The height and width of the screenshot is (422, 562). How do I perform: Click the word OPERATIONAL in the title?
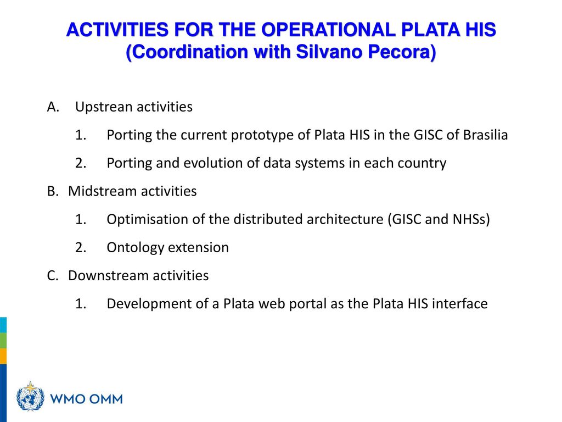(x=328, y=30)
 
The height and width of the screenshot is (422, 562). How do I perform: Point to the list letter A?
(x=53, y=107)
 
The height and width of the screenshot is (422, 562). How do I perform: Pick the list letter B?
(x=52, y=191)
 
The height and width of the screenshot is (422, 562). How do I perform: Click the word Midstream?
(x=103, y=191)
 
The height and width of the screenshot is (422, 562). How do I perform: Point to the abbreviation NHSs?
(x=469, y=219)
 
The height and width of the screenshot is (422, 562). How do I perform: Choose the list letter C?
(x=52, y=276)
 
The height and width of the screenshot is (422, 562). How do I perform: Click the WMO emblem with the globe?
(x=31, y=397)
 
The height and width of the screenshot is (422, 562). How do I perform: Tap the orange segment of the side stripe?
(x=3, y=356)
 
